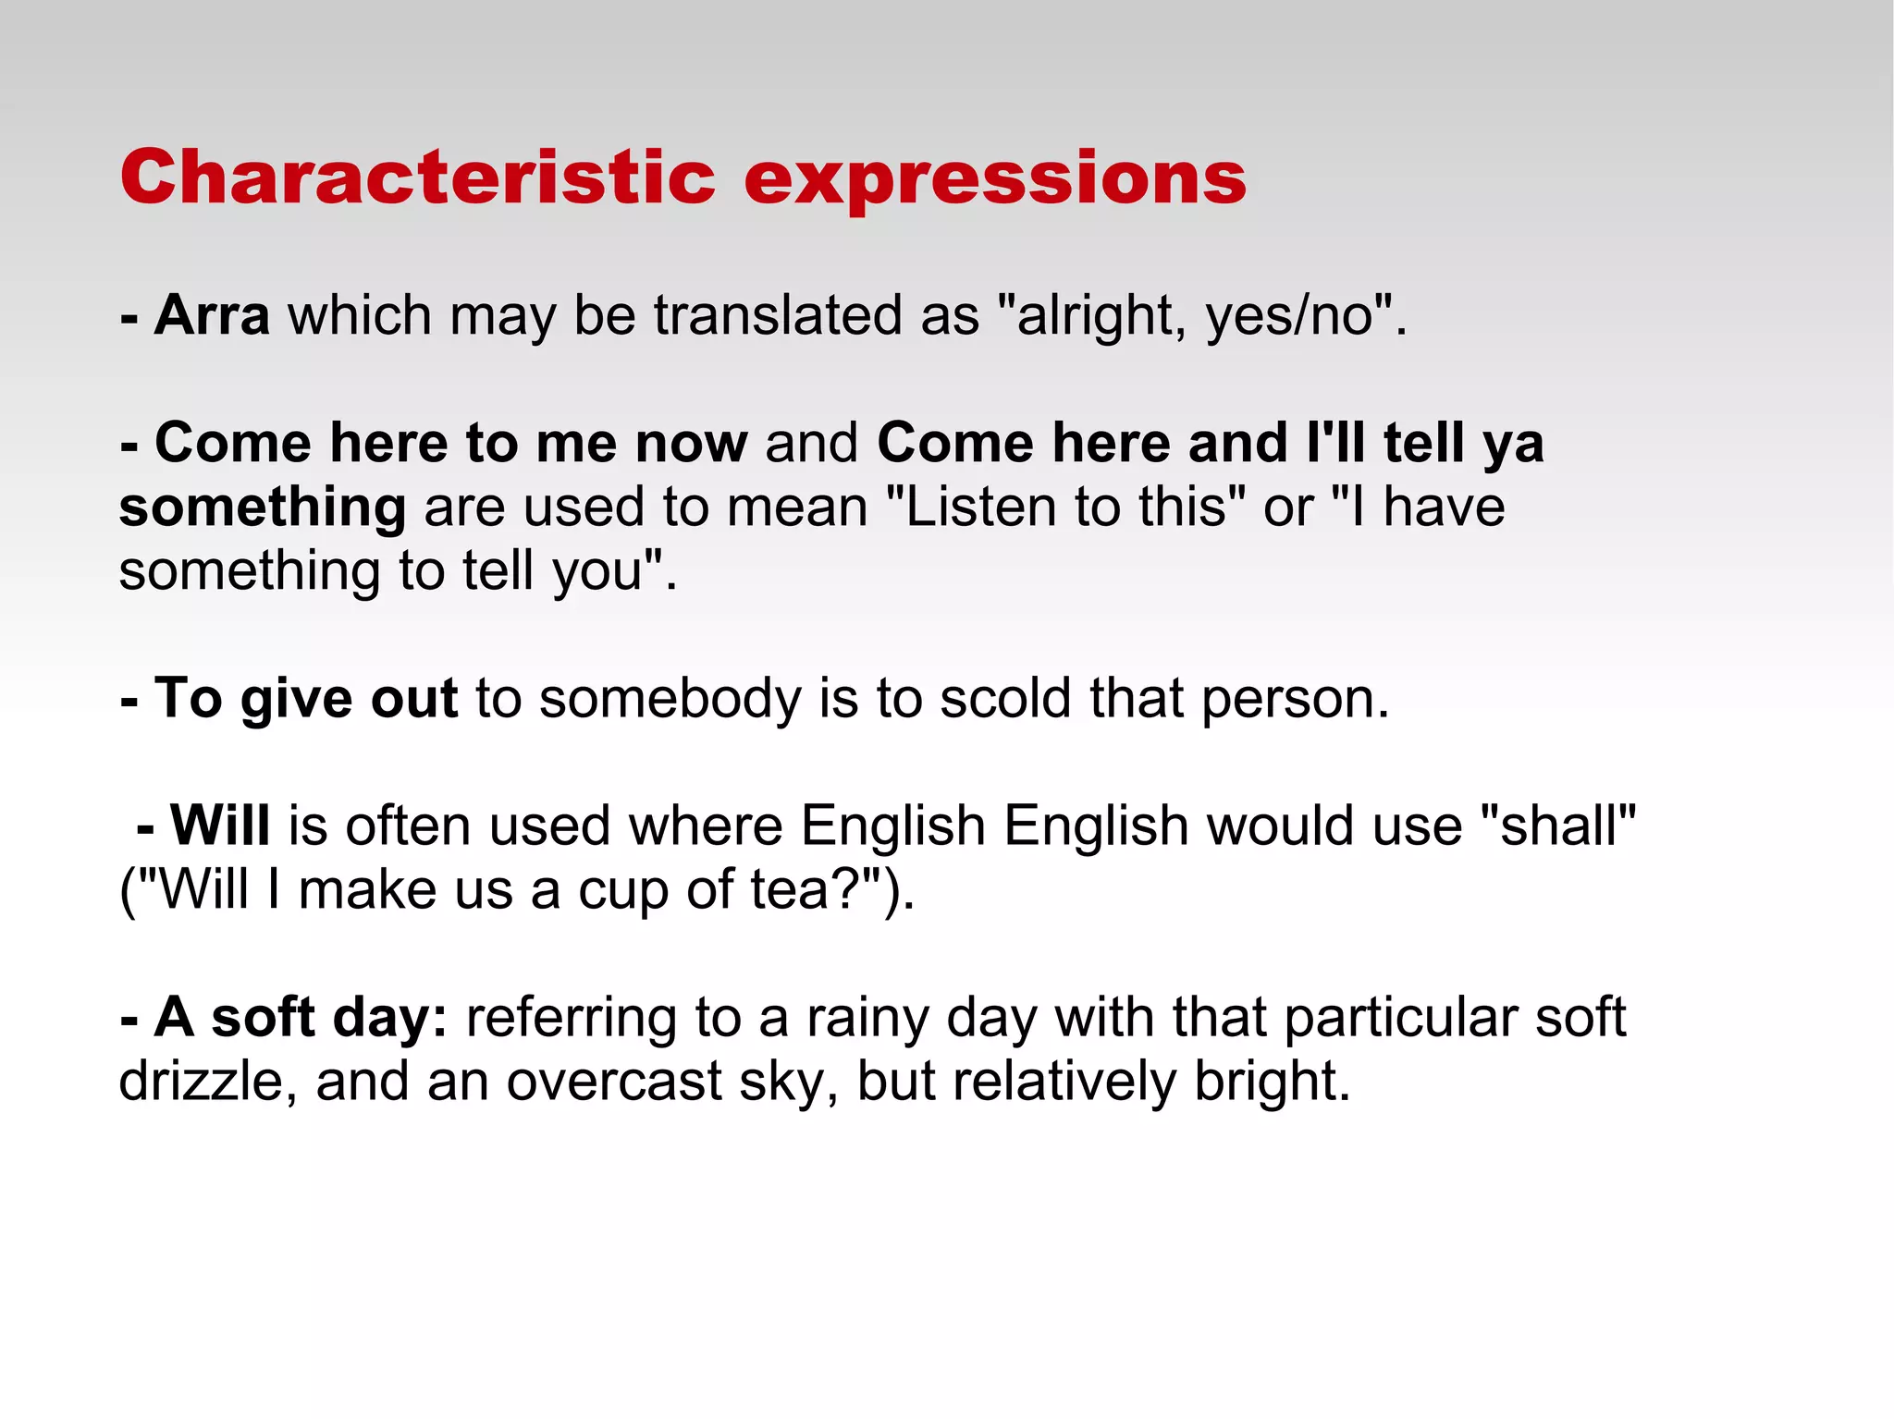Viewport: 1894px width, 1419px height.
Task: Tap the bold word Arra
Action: [x=212, y=315]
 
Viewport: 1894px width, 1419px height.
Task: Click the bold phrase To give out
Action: [x=305, y=698]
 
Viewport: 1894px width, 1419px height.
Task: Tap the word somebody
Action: [x=670, y=698]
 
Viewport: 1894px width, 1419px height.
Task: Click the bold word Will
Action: [x=220, y=825]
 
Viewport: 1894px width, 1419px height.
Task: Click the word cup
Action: [x=623, y=891]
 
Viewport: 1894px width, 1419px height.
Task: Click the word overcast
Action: [x=614, y=1081]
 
